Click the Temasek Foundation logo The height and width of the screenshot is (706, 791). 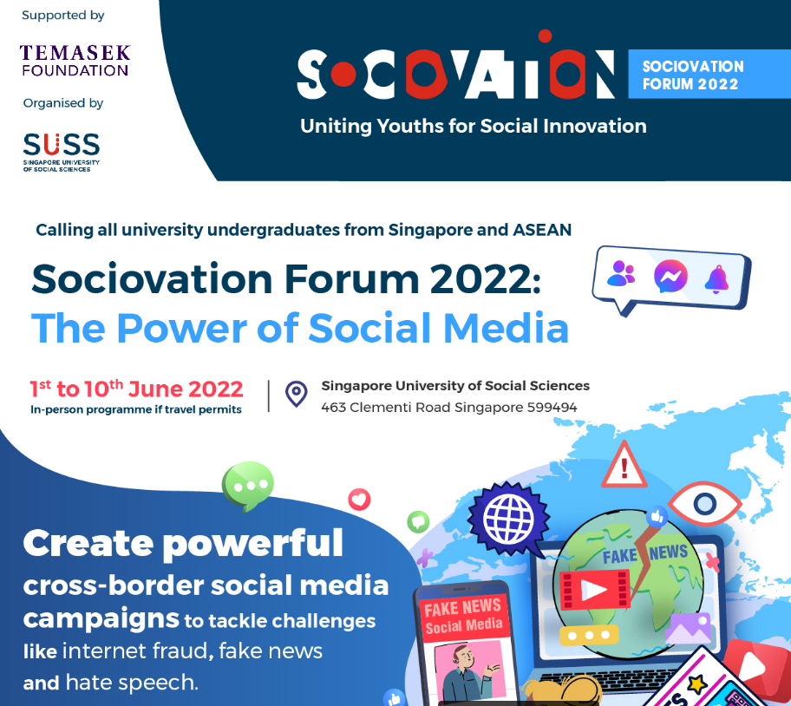[75, 61]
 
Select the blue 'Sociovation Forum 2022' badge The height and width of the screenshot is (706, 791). [709, 74]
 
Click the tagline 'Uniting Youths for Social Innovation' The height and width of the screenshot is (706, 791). [474, 126]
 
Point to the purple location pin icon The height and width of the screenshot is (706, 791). [296, 394]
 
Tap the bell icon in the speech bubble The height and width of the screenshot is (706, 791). [716, 279]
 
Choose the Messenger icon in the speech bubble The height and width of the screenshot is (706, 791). [670, 276]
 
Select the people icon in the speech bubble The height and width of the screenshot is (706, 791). [621, 273]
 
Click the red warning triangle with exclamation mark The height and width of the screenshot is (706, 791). [624, 466]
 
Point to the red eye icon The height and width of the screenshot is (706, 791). [704, 503]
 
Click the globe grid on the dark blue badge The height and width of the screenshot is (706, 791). [508, 519]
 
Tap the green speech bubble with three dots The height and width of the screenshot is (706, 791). [248, 486]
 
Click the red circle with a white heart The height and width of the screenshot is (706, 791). [359, 500]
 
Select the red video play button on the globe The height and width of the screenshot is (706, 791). [595, 590]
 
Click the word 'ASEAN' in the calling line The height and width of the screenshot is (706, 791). [542, 230]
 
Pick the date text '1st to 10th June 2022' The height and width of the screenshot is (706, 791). [136, 389]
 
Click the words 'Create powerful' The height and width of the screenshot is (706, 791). [183, 544]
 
